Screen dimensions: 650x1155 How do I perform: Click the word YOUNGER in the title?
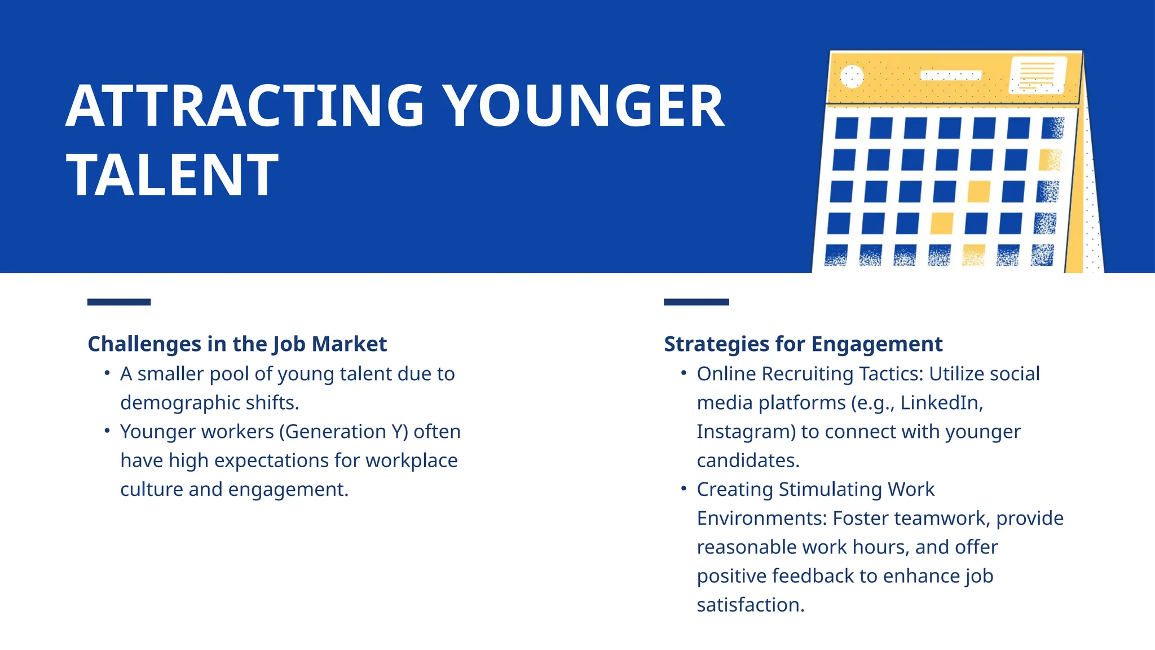[x=582, y=106]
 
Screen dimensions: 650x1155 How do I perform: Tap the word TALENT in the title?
[x=172, y=175]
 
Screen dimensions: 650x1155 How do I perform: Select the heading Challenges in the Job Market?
[x=237, y=344]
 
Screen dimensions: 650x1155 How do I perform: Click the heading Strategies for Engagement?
[x=803, y=344]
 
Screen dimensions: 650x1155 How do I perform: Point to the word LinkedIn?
[x=940, y=403]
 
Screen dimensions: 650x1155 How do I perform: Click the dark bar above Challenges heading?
[x=119, y=302]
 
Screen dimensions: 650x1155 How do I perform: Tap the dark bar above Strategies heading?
[x=696, y=302]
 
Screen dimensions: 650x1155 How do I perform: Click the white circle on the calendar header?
[x=852, y=76]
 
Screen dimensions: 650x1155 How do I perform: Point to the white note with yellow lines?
[x=1038, y=74]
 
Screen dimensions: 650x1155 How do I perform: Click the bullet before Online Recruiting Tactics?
[x=684, y=373]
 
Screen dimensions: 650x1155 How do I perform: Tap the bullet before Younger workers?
[x=107, y=431]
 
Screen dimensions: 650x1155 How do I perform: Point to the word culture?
[x=151, y=489]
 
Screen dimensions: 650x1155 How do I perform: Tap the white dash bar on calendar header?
[x=951, y=75]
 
